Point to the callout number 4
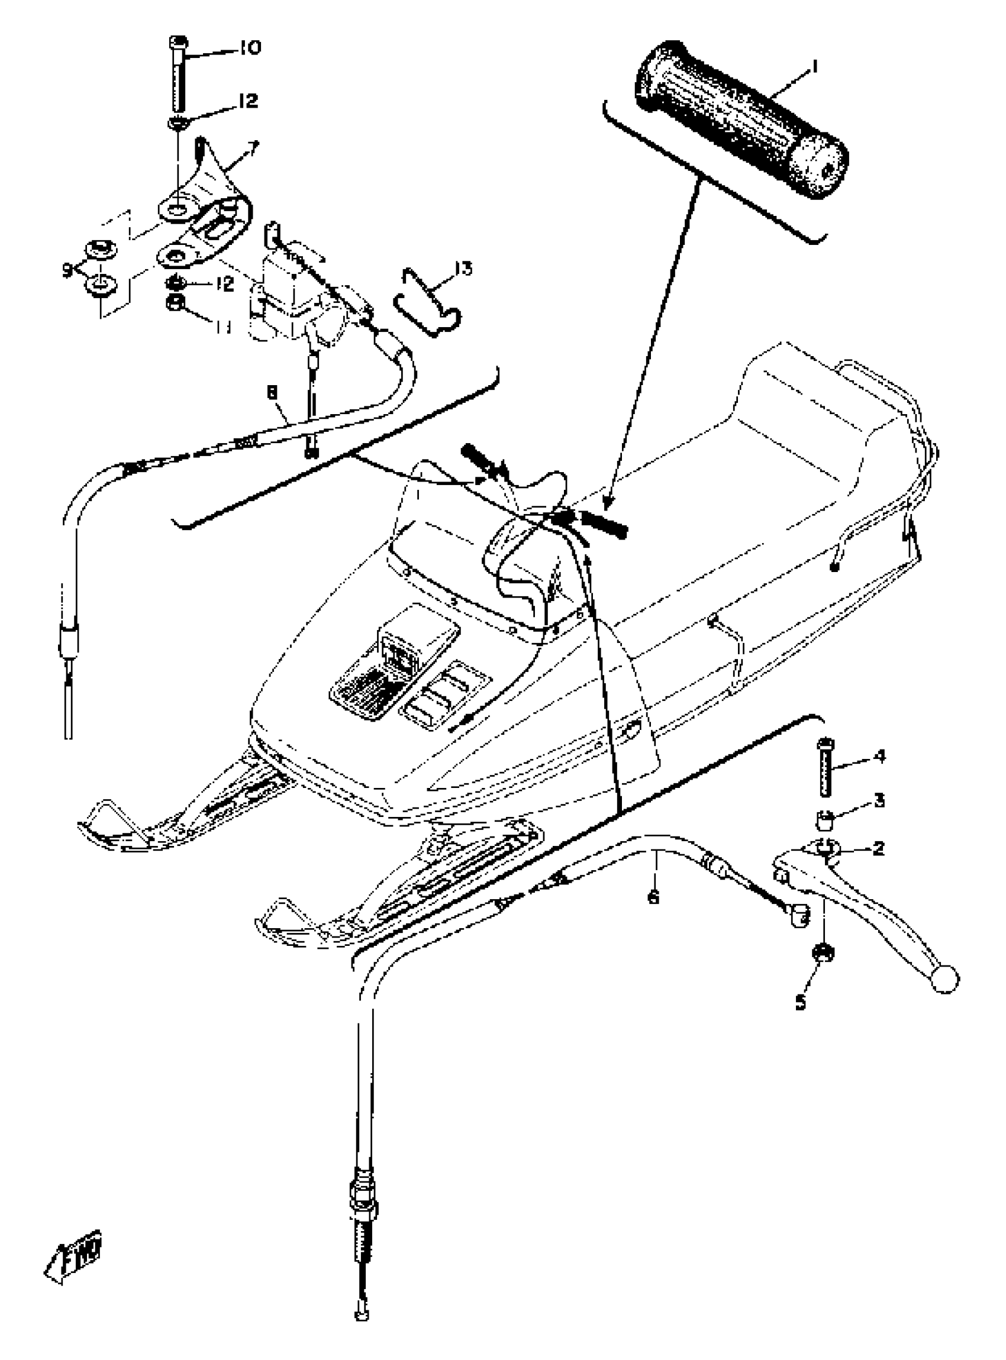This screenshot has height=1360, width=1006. click(x=879, y=757)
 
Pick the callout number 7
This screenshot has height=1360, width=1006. click(x=251, y=146)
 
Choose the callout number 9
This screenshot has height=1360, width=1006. click(x=67, y=269)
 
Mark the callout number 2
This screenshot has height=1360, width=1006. click(x=878, y=848)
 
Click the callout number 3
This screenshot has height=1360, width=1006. click(x=879, y=800)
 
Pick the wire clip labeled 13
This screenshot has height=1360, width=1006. click(x=428, y=302)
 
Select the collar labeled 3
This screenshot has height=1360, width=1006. click(x=824, y=820)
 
